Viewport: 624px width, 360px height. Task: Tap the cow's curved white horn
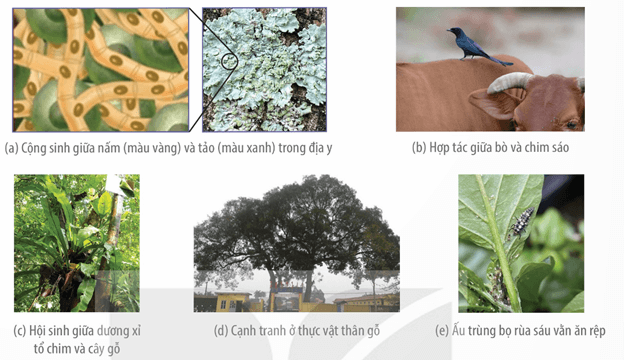[508, 81]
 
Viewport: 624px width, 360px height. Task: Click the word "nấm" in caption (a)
[107, 148]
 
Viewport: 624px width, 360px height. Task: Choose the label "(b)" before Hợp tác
[419, 148]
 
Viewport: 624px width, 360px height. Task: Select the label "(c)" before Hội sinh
[20, 331]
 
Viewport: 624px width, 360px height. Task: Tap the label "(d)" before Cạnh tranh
[220, 331]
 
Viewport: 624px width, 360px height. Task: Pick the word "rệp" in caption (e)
[596, 331]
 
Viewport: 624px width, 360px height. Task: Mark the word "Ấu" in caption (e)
[458, 330]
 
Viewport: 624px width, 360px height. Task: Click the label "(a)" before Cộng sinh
[12, 148]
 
